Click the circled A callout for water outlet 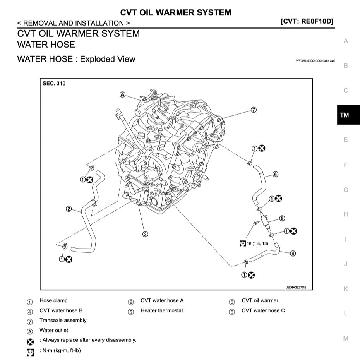[x=123, y=94]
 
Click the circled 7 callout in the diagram [x=254, y=110]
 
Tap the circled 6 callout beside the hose [x=275, y=175]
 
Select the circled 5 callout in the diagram [x=282, y=219]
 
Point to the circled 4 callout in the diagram [x=293, y=254]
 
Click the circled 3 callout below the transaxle [x=145, y=234]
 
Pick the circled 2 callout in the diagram [x=69, y=209]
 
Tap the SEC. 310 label [x=55, y=84]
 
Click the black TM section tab [x=344, y=115]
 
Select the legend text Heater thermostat [x=162, y=310]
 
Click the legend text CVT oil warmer [x=260, y=300]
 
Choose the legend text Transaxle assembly [x=63, y=321]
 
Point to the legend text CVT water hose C [x=263, y=310]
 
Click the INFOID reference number [x=315, y=61]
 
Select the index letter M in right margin [x=345, y=338]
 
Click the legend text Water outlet [x=53, y=331]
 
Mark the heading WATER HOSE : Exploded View [x=76, y=59]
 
